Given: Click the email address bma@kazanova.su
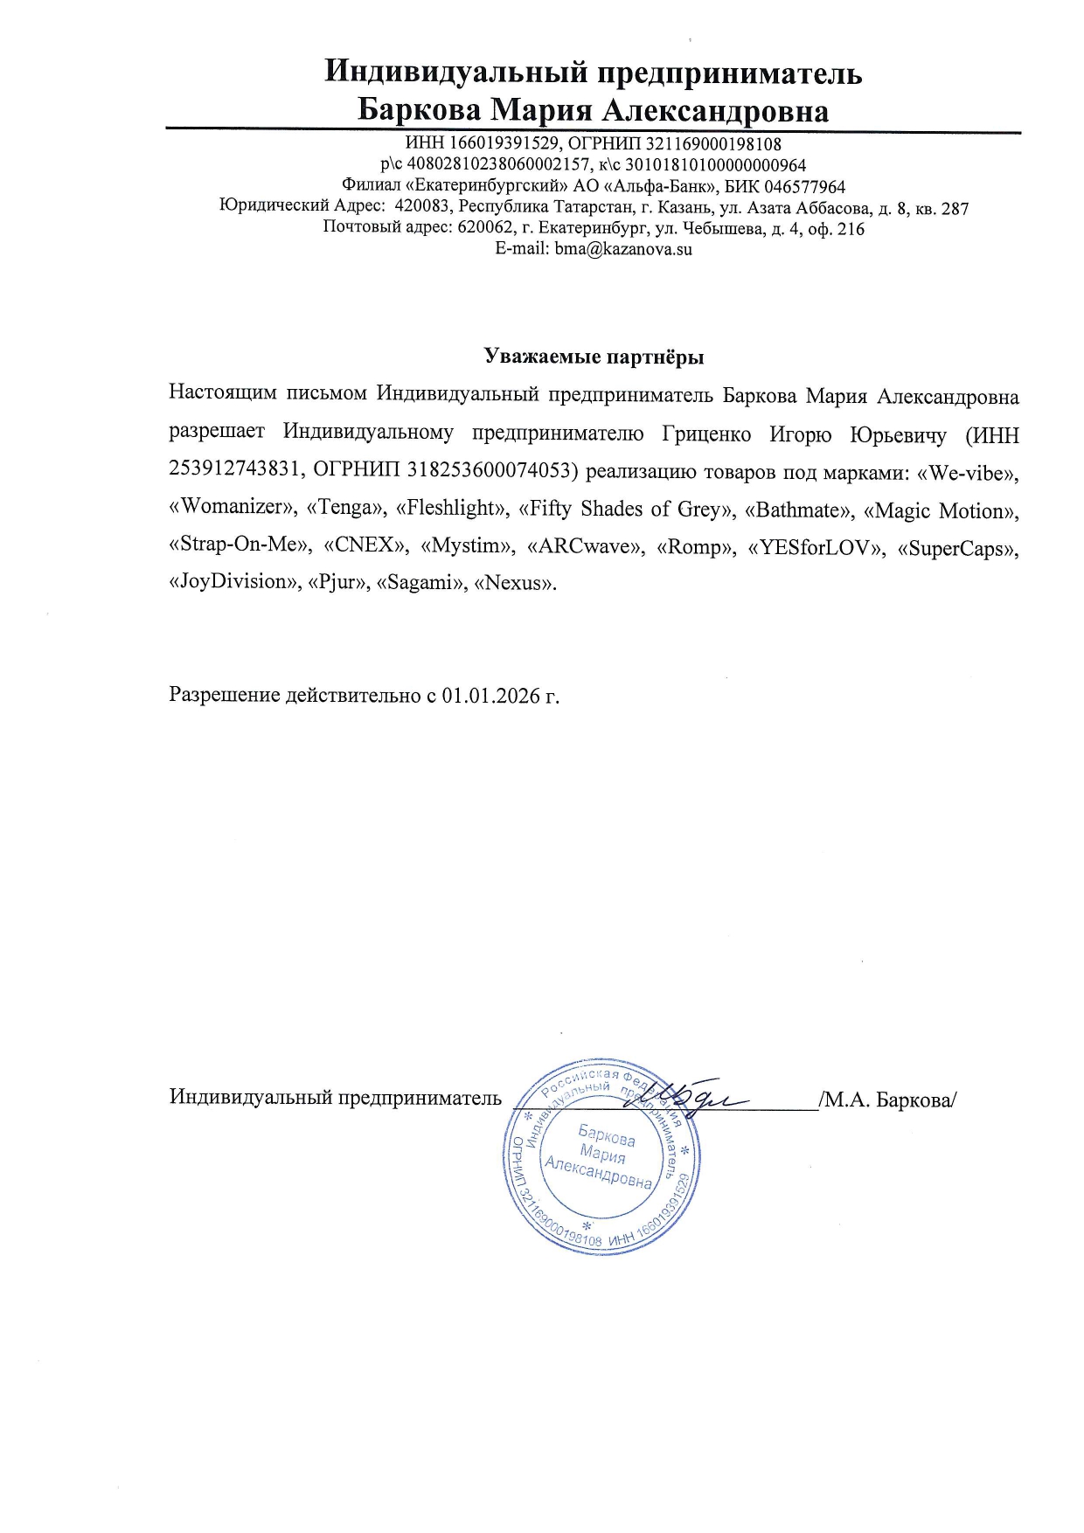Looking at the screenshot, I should tap(623, 249).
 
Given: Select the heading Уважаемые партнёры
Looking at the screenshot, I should tap(594, 357).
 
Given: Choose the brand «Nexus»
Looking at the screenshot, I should tap(515, 582).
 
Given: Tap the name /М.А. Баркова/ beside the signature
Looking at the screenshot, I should tap(888, 1099).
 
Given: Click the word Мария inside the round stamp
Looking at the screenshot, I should tap(602, 1156).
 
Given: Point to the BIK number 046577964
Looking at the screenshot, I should tap(804, 187).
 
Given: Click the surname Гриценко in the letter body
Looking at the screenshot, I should tap(706, 434).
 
